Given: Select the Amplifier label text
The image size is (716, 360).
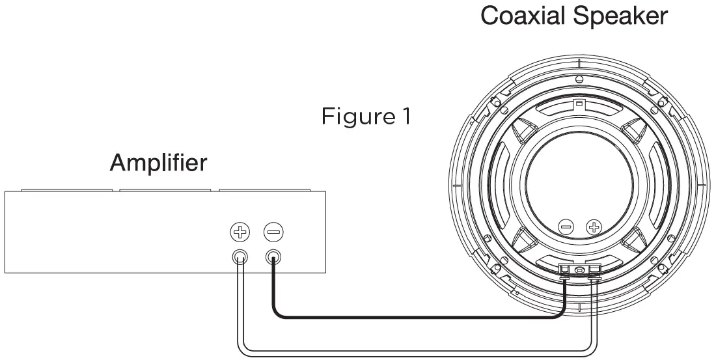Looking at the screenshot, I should pyautogui.click(x=158, y=163).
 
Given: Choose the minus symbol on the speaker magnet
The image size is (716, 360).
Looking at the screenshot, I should pyautogui.click(x=566, y=227).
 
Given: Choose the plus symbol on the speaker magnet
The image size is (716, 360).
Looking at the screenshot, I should pyautogui.click(x=593, y=227).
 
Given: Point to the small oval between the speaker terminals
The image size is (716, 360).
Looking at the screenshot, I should pyautogui.click(x=580, y=270).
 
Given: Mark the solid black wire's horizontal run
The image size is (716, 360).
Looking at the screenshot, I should pyautogui.click(x=417, y=318).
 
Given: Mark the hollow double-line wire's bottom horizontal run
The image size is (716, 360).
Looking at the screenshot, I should pyautogui.click(x=417, y=353).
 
